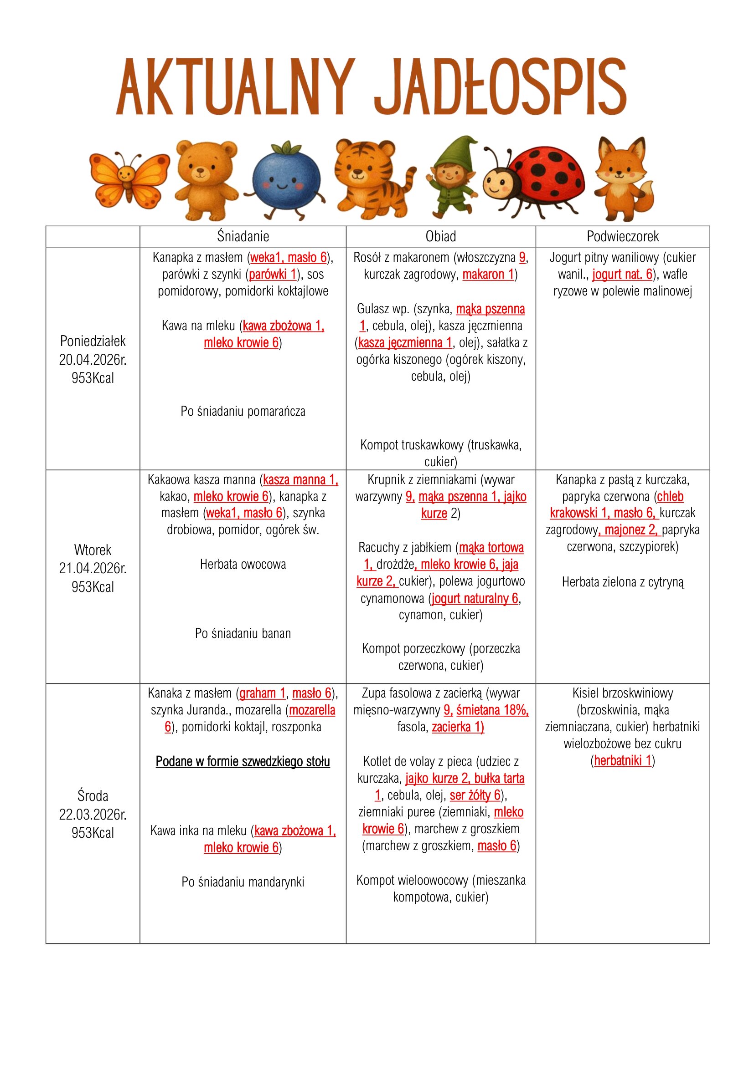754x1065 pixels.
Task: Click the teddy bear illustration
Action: point(204,178)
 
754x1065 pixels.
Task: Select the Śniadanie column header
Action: point(243,237)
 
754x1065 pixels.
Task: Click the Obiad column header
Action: point(441,237)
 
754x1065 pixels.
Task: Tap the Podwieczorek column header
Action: point(623,237)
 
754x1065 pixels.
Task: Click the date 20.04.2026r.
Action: point(93,360)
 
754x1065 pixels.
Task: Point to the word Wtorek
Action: point(93,550)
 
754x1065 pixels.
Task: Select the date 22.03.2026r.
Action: point(93,815)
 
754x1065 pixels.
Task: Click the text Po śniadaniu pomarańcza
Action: point(243,412)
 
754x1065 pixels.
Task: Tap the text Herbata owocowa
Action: point(243,565)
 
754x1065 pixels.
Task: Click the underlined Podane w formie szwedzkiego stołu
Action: point(243,762)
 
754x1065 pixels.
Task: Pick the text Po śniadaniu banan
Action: point(243,634)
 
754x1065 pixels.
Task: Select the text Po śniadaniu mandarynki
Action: point(243,882)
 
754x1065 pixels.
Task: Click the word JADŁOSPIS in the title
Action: point(500,87)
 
